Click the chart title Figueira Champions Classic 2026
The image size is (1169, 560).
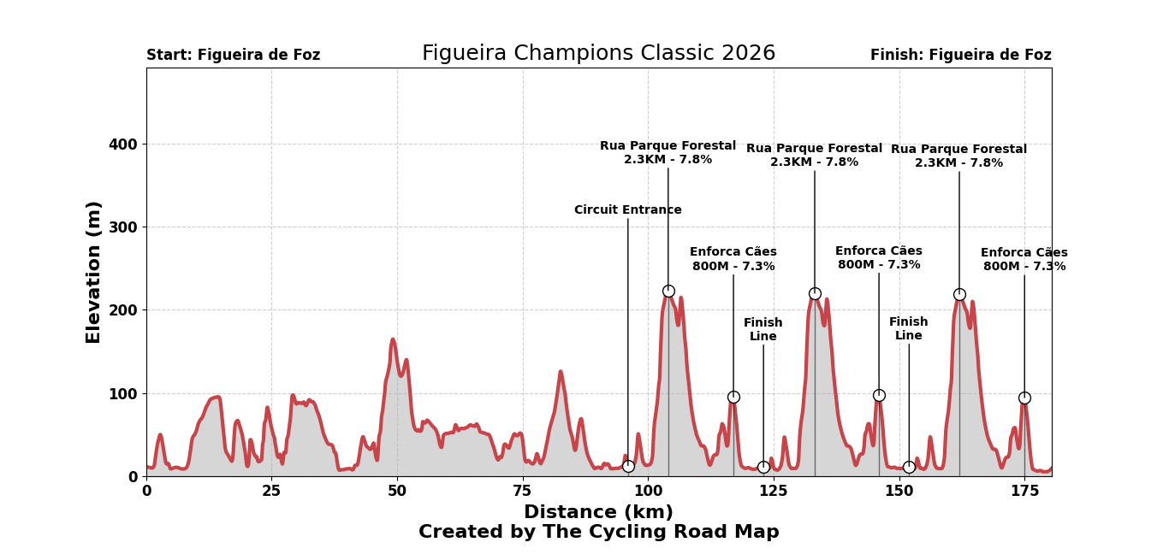598,54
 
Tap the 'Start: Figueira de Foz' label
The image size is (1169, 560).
233,56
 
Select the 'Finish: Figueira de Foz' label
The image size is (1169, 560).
960,56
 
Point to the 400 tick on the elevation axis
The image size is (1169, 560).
122,144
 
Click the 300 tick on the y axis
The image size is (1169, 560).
122,227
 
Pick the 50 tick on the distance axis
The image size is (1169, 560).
397,492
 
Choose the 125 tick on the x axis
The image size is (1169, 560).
774,492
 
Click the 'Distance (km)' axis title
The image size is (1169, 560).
598,512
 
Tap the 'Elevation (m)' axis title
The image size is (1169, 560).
94,272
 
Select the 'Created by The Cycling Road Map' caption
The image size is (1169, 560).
598,533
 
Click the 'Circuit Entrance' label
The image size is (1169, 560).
628,210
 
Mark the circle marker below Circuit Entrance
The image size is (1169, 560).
628,466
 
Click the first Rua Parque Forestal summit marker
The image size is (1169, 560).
668,292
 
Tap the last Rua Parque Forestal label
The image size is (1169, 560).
958,156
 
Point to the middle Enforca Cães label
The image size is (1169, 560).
879,258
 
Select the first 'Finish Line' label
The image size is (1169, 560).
763,330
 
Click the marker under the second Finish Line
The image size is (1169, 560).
909,467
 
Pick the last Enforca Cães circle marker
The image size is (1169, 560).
1024,398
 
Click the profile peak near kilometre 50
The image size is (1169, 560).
393,340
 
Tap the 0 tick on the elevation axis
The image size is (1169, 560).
133,477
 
